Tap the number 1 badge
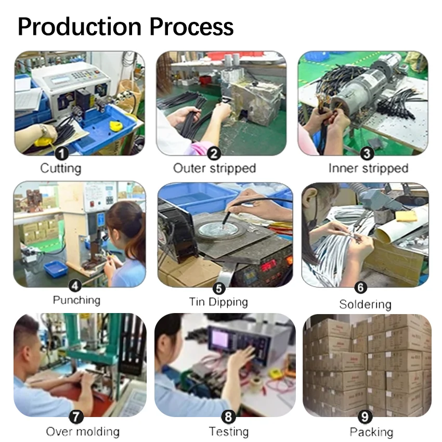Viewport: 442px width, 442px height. tap(62, 153)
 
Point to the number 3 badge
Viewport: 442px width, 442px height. tap(367, 153)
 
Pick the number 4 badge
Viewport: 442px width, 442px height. tap(76, 285)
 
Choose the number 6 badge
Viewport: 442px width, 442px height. tap(360, 287)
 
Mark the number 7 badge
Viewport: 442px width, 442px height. tap(76, 417)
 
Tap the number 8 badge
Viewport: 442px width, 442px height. tap(229, 417)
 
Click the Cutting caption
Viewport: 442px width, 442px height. tap(61, 168)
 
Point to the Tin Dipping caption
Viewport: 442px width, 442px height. tap(218, 302)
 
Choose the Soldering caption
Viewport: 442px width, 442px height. tap(365, 304)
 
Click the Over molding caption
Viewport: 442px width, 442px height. tap(83, 432)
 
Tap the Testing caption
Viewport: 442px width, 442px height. tap(229, 432)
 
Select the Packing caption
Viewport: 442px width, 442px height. tap(371, 432)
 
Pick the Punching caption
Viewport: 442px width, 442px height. tap(76, 300)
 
